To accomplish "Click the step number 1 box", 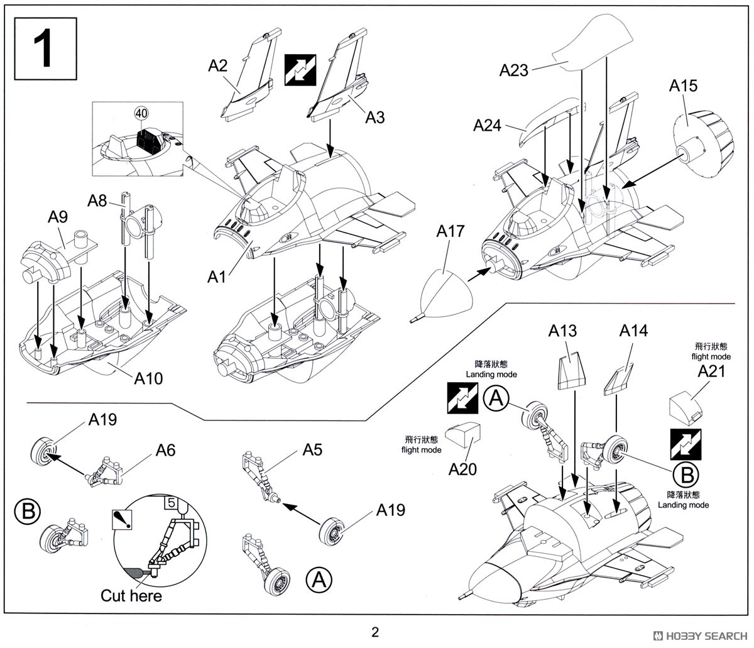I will coord(45,50).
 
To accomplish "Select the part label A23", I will coord(514,70).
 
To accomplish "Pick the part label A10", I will coord(148,378).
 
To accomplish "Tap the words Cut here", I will coord(131,595).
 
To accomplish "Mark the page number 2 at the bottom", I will coord(376,632).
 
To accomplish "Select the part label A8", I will coord(97,200).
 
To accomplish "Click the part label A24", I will coord(487,126).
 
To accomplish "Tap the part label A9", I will coord(58,217).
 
